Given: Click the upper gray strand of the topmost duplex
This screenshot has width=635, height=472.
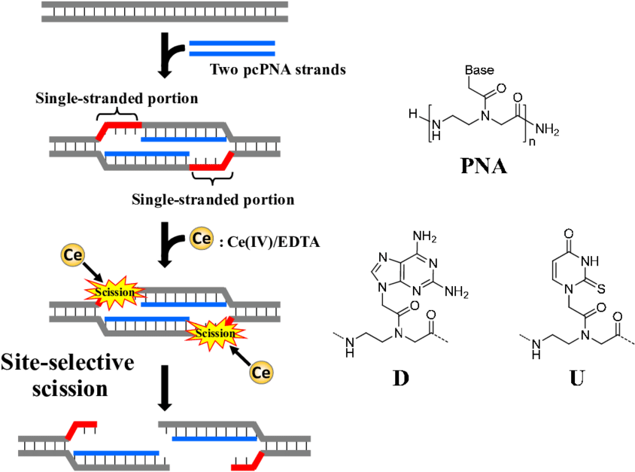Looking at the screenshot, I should (164, 5).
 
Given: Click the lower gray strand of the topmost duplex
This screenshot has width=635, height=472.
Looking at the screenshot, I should (164, 19).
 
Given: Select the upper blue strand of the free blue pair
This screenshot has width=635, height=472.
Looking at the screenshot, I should (232, 43).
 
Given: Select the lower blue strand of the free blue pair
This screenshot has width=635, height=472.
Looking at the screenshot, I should (232, 54).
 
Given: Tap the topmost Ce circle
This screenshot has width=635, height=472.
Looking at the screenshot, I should (201, 239).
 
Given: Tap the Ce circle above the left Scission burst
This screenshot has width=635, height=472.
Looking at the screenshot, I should (73, 255).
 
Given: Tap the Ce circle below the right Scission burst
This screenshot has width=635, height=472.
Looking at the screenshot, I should (262, 373).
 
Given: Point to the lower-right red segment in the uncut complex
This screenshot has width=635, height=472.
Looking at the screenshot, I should (211, 166).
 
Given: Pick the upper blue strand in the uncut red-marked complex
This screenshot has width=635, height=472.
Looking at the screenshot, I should (184, 139).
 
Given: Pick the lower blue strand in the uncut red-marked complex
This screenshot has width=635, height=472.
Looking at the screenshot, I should (147, 154).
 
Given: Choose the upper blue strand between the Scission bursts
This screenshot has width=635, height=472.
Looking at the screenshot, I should (184, 305).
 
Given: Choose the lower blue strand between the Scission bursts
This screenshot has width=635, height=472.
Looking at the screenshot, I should (147, 319).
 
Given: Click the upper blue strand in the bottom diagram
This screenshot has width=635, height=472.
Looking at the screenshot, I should (215, 438).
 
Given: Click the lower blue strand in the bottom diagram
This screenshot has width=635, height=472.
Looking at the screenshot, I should (117, 453).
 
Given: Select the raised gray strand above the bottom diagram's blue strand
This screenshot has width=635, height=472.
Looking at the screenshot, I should (207, 425).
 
